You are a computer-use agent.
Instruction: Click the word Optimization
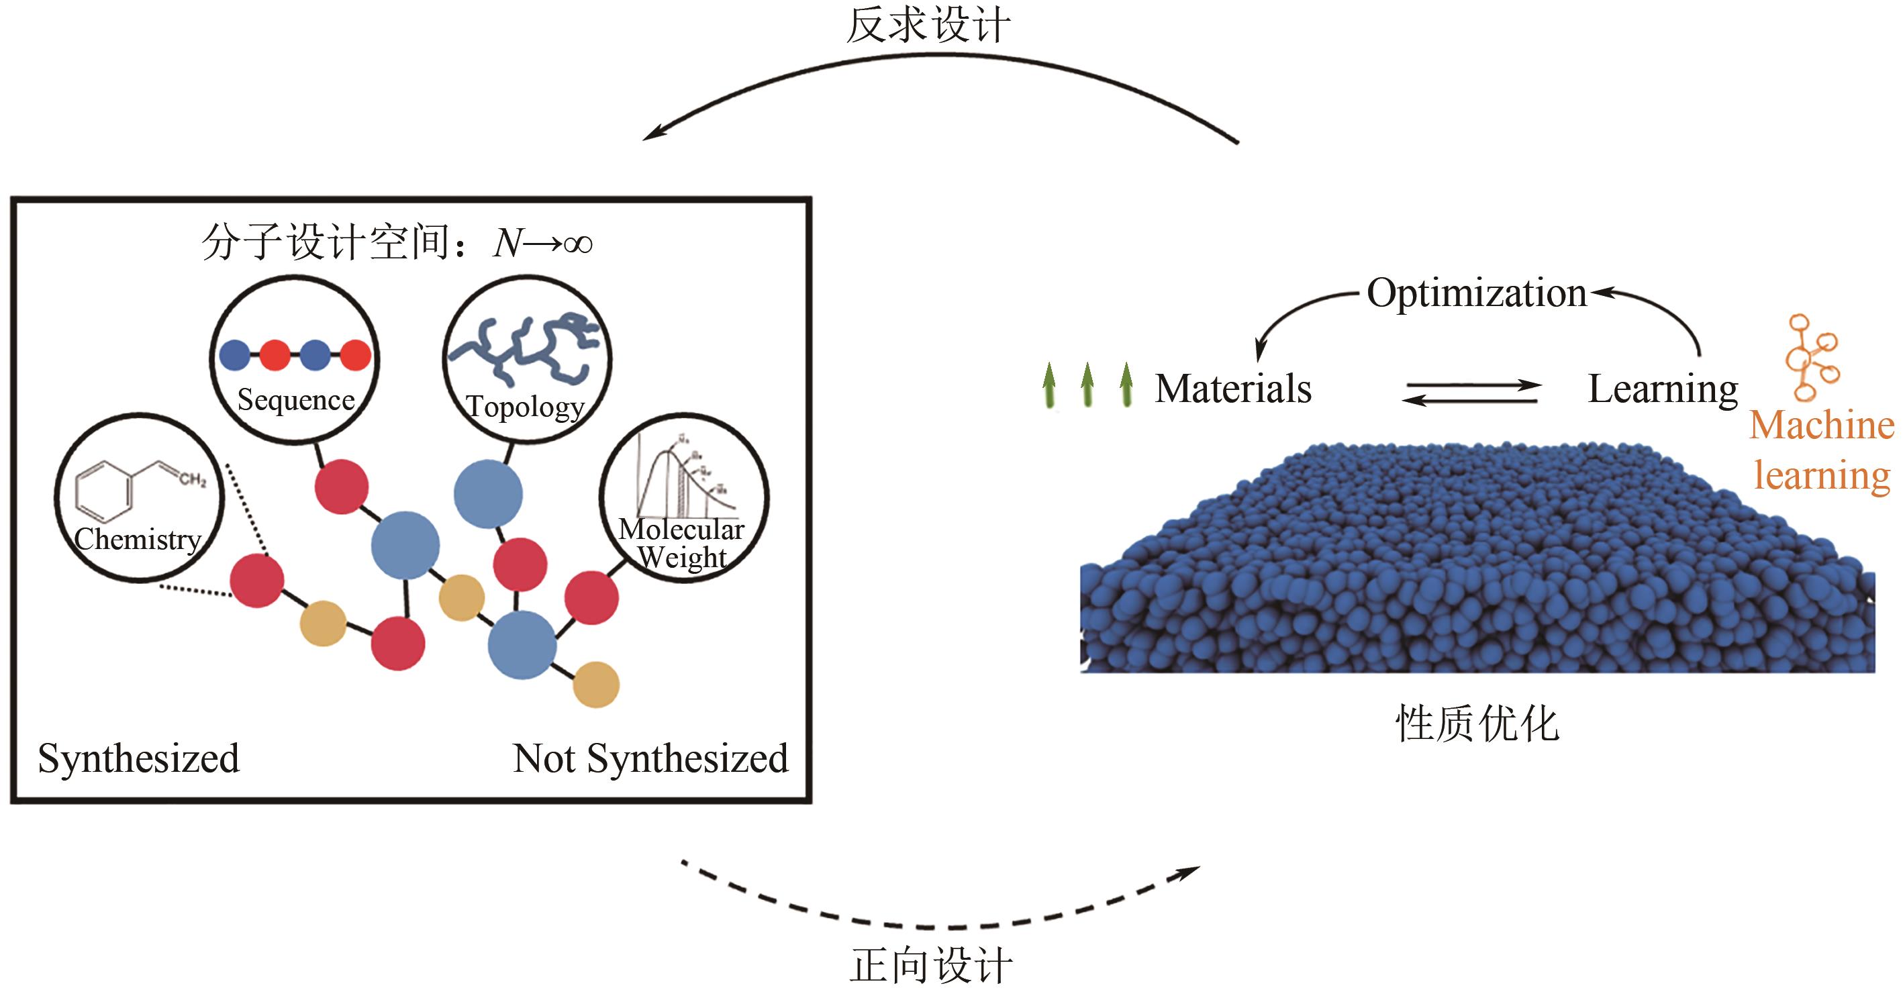click(1476, 293)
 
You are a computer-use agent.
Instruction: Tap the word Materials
click(1233, 389)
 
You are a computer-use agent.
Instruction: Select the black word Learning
click(1662, 389)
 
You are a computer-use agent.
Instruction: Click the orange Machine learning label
click(1822, 450)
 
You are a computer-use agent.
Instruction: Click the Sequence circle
click(295, 360)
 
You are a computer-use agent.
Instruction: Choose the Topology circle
click(527, 360)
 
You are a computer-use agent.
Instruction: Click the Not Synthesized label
click(650, 758)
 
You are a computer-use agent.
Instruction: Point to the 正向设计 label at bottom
click(931, 966)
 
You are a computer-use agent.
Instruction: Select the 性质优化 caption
click(1477, 723)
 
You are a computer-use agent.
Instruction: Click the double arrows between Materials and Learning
click(1471, 392)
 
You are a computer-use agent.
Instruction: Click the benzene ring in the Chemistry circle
click(104, 491)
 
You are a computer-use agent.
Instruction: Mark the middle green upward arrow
click(1087, 385)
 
